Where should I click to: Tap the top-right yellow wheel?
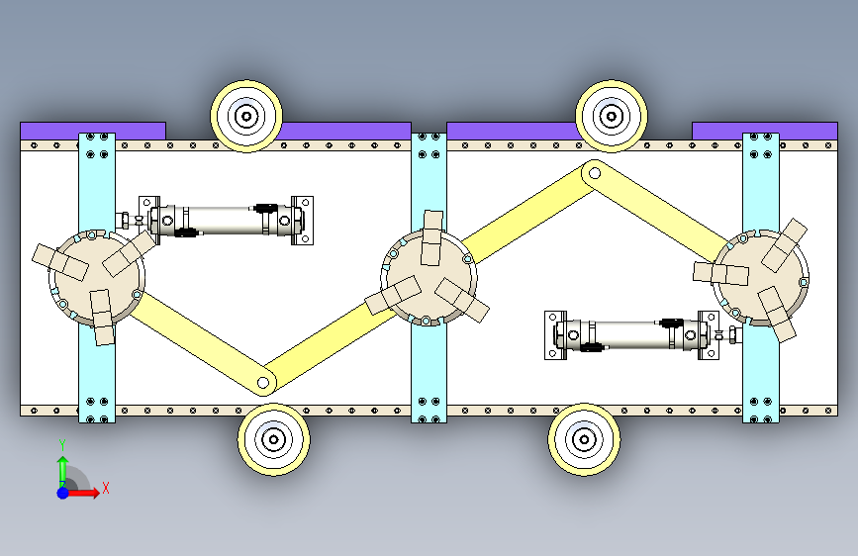click(612, 115)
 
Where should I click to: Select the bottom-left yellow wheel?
click(272, 440)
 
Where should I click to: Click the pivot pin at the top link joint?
click(594, 171)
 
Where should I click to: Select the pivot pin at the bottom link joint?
click(262, 381)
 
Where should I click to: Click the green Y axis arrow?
click(61, 465)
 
